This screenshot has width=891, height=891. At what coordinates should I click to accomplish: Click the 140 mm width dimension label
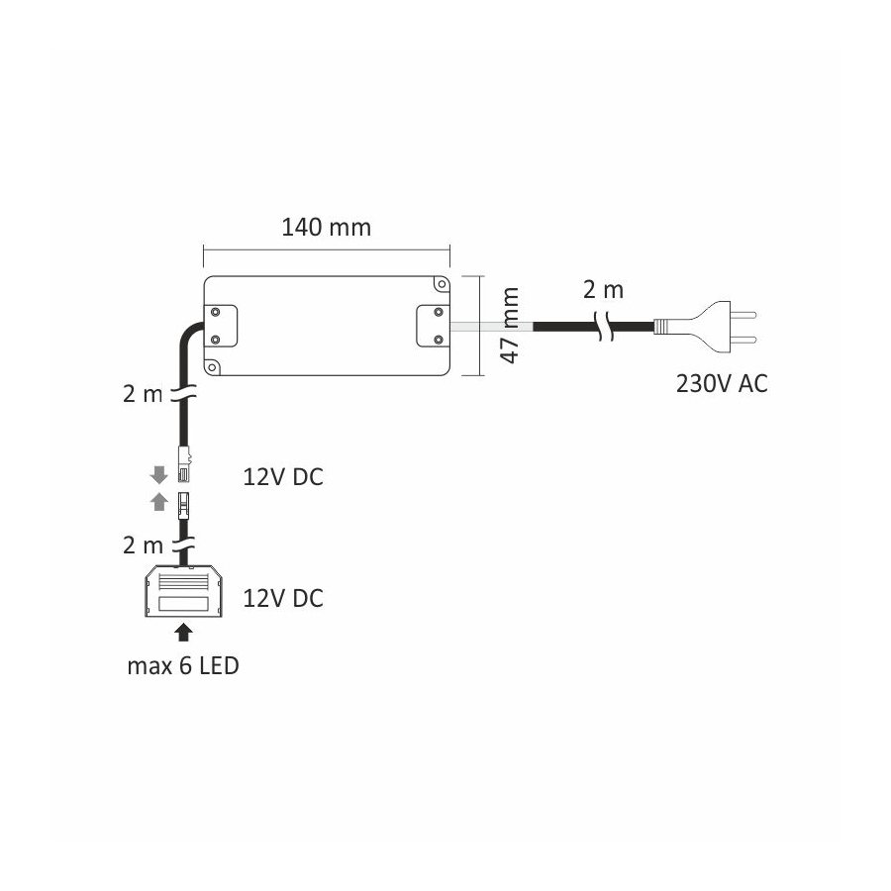coord(326,228)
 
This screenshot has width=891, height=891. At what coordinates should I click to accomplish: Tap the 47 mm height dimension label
coord(510,325)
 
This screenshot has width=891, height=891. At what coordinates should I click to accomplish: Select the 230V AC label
coord(722,383)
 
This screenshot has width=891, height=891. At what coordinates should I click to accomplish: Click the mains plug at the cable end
coord(705,327)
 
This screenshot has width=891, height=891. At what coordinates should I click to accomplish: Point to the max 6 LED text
coord(183,666)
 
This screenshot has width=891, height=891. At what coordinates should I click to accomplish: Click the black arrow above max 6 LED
coord(182,633)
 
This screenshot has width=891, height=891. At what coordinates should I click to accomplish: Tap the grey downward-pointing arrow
coord(159,475)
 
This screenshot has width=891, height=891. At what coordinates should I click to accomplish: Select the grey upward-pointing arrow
coord(159,502)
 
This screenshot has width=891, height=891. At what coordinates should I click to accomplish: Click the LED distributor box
coord(184,592)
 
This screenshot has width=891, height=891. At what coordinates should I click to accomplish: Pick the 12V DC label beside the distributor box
coord(283,598)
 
